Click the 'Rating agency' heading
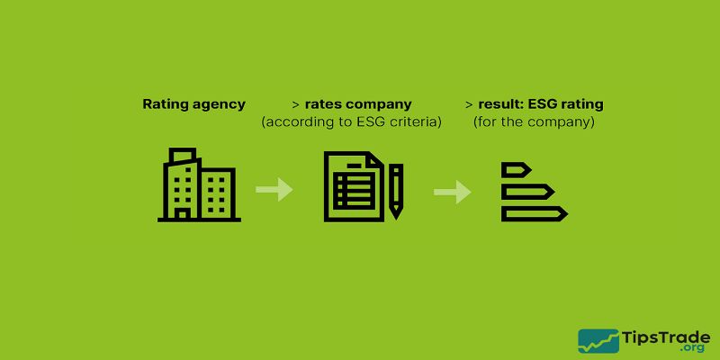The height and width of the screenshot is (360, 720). coord(193,104)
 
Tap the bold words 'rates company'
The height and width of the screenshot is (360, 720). coord(358,104)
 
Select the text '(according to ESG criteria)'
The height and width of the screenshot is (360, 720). coord(351,121)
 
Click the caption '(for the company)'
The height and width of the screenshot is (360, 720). coord(534,121)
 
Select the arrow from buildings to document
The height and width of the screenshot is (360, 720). coord(274,190)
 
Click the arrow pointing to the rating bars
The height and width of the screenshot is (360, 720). coord(453,192)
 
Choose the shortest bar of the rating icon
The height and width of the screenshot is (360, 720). coord(517,169)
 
